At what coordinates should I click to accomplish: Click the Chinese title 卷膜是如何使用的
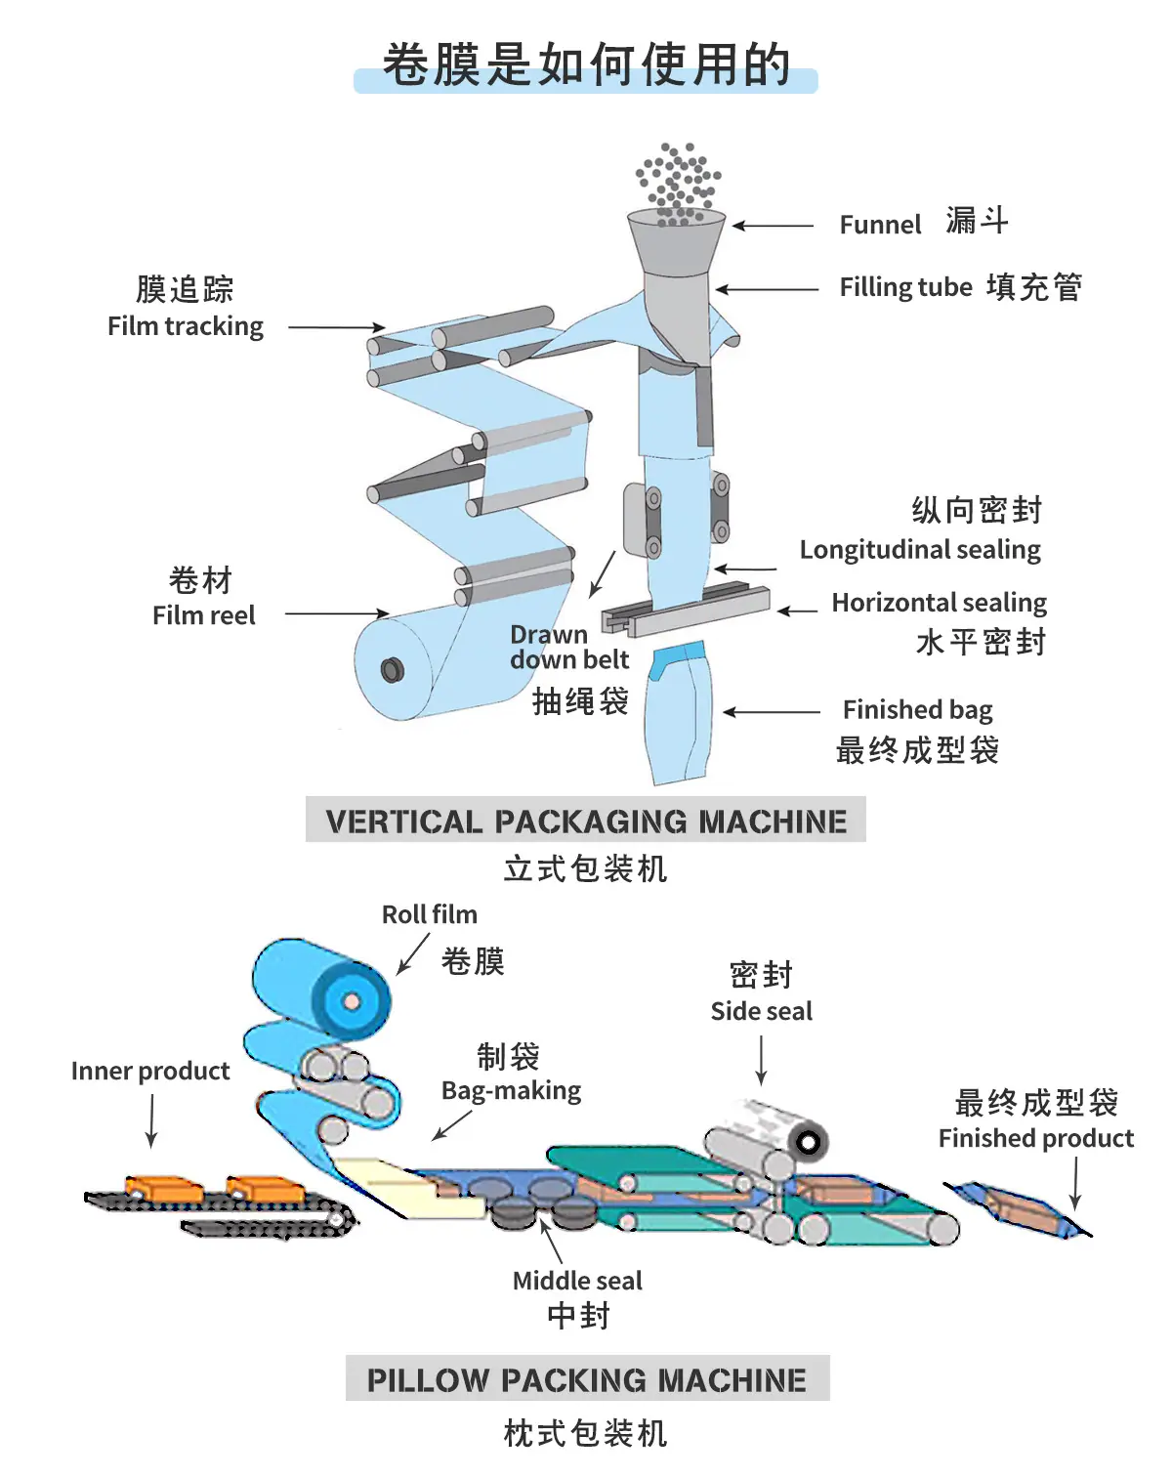(586, 64)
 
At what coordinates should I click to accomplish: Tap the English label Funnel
(880, 225)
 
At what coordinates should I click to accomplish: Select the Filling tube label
(905, 287)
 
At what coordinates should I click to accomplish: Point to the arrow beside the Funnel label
(773, 225)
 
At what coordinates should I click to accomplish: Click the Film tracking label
(186, 326)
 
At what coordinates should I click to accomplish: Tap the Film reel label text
(204, 615)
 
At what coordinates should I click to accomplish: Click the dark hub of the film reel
(393, 670)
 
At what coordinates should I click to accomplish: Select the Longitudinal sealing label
(920, 550)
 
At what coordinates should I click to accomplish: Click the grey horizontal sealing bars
(686, 608)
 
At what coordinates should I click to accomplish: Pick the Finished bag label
(918, 709)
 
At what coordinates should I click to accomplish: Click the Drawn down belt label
(569, 647)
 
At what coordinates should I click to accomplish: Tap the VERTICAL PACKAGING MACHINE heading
(586, 821)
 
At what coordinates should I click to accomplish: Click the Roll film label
(430, 915)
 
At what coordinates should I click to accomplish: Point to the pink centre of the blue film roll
(352, 1001)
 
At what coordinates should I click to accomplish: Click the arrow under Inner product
(151, 1120)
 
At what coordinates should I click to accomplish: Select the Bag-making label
(511, 1091)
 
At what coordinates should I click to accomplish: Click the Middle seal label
(578, 1281)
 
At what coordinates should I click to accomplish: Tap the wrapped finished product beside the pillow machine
(1017, 1209)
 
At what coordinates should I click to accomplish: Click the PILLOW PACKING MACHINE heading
(587, 1379)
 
